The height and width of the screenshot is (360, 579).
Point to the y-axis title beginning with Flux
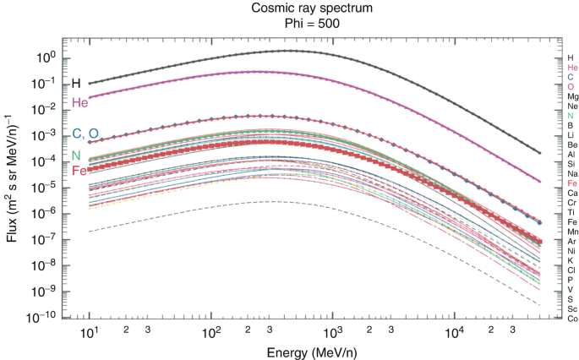pyautogui.click(x=11, y=178)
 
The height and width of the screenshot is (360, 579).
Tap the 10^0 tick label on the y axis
pyautogui.click(x=45, y=57)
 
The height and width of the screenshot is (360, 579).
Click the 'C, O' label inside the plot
pyautogui.click(x=85, y=134)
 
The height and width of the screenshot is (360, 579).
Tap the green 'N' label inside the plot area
pyautogui.click(x=76, y=155)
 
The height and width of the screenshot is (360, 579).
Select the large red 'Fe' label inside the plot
pyautogui.click(x=79, y=171)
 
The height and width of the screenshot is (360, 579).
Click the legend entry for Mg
pyautogui.click(x=572, y=96)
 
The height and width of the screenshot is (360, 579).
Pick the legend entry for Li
pyautogui.click(x=572, y=135)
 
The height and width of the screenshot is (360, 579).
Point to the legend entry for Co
pyautogui.click(x=572, y=319)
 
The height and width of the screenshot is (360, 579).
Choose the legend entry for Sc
pyautogui.click(x=572, y=308)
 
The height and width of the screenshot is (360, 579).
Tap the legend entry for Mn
pyautogui.click(x=572, y=232)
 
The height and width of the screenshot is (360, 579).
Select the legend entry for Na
pyautogui.click(x=572, y=173)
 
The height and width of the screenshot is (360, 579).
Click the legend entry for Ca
pyautogui.click(x=572, y=193)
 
